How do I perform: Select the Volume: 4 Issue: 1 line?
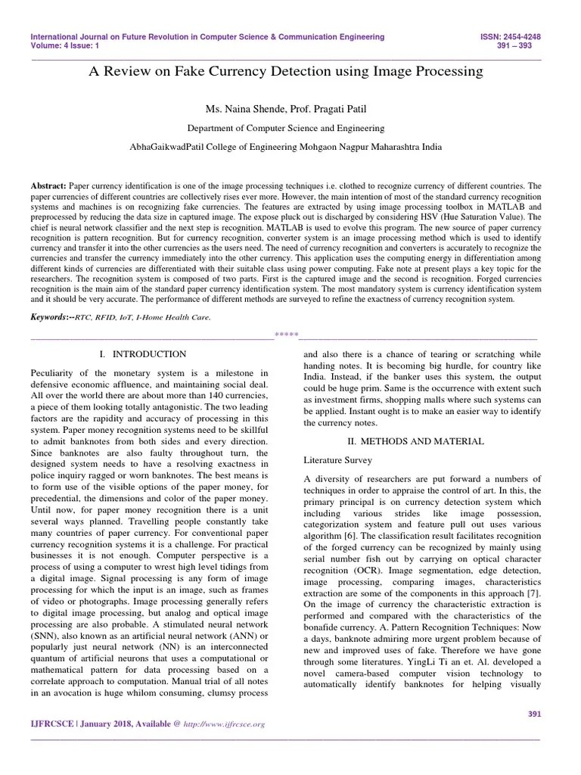tap(65, 45)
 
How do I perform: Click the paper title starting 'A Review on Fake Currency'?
tap(286, 71)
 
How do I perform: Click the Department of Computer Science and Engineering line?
tap(286, 129)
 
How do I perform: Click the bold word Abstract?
tap(48, 185)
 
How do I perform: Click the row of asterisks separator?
tap(286, 335)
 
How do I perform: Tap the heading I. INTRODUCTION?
tap(143, 354)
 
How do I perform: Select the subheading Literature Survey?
tap(339, 459)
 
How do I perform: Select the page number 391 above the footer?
tap(533, 714)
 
